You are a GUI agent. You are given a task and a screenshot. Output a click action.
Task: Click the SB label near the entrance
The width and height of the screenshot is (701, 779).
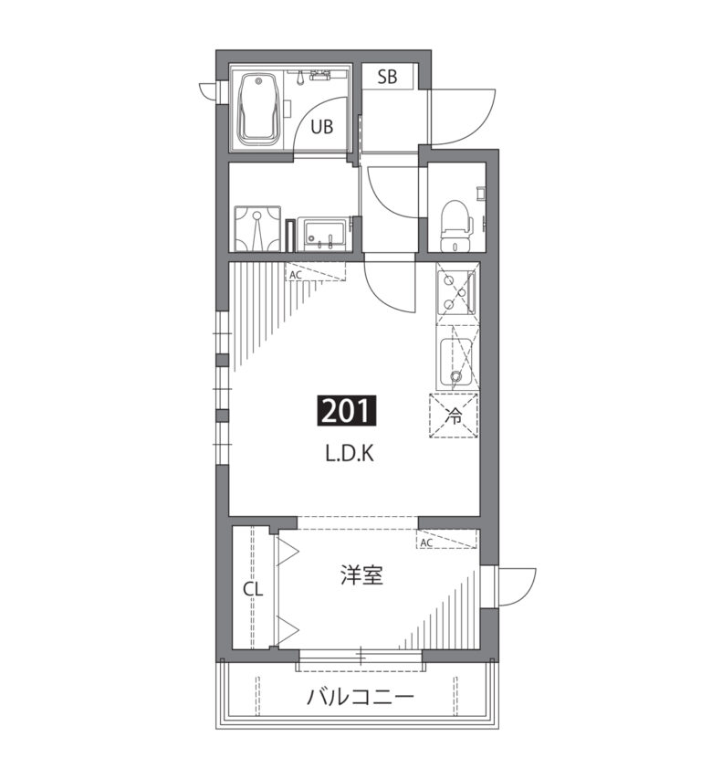tap(387, 77)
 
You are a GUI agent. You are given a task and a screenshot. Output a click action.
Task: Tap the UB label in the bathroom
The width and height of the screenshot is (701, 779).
tap(321, 127)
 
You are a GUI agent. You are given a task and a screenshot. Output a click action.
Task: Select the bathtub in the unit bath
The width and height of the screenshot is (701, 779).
tap(257, 110)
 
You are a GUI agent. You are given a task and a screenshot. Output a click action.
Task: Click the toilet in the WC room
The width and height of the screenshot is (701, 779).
tap(455, 226)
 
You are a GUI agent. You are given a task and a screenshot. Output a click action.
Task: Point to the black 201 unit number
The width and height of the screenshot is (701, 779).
tap(347, 410)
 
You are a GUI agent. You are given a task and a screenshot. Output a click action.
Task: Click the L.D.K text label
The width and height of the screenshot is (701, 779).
tap(350, 453)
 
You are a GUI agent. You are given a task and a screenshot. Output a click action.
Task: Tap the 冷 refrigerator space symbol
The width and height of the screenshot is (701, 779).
tap(454, 416)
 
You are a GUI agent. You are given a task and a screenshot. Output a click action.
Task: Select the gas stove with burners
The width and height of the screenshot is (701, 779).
tap(456, 292)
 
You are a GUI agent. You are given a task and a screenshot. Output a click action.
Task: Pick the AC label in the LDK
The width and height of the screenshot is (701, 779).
tap(296, 275)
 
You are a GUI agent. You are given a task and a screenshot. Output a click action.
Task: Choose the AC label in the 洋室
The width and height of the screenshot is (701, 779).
tap(426, 543)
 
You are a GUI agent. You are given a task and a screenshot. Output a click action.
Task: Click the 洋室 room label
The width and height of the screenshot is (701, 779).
tap(362, 575)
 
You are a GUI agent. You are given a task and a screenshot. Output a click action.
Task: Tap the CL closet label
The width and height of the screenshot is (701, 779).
tap(253, 590)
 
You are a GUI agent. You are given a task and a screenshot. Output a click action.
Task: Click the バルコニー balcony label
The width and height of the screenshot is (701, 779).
tap(360, 698)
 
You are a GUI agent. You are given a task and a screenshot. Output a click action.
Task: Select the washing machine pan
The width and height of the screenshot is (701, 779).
tap(257, 228)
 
